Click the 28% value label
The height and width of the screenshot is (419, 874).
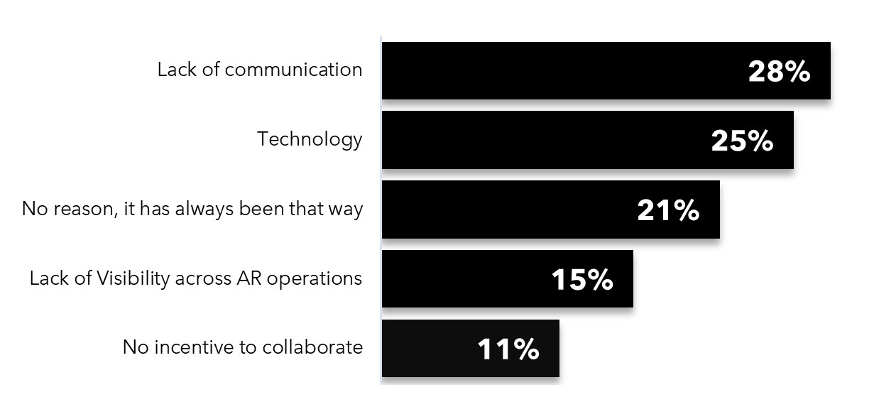(779, 71)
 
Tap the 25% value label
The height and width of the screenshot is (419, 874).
(742, 141)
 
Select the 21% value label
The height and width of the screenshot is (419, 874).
(668, 210)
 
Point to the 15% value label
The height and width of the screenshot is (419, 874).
(582, 280)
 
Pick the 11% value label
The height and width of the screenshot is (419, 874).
(508, 349)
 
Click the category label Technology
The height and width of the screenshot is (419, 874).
(310, 139)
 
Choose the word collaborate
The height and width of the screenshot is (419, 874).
(312, 347)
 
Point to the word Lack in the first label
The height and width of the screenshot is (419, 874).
(175, 70)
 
